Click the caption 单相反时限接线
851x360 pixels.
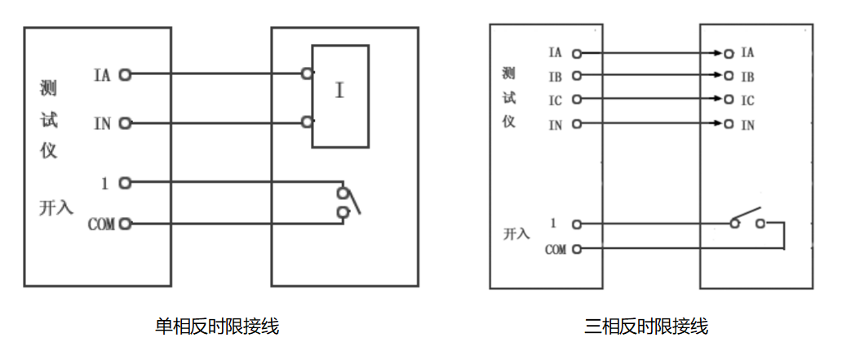(x=217, y=327)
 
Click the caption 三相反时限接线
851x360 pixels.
(x=645, y=327)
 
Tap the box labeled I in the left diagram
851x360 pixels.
(x=340, y=96)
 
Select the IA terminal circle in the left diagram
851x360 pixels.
(x=125, y=74)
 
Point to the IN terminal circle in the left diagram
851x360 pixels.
(x=125, y=123)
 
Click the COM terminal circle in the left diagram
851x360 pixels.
(x=125, y=223)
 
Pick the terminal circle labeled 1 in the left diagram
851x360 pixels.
(x=125, y=183)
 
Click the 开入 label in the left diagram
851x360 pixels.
(x=56, y=207)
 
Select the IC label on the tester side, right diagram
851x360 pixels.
(x=555, y=100)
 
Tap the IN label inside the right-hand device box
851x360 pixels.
(x=747, y=125)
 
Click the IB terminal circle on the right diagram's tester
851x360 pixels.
(x=577, y=77)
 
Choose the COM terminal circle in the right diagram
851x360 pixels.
(x=577, y=248)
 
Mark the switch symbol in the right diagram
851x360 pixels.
(x=747, y=219)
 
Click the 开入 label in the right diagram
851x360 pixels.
(x=516, y=235)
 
